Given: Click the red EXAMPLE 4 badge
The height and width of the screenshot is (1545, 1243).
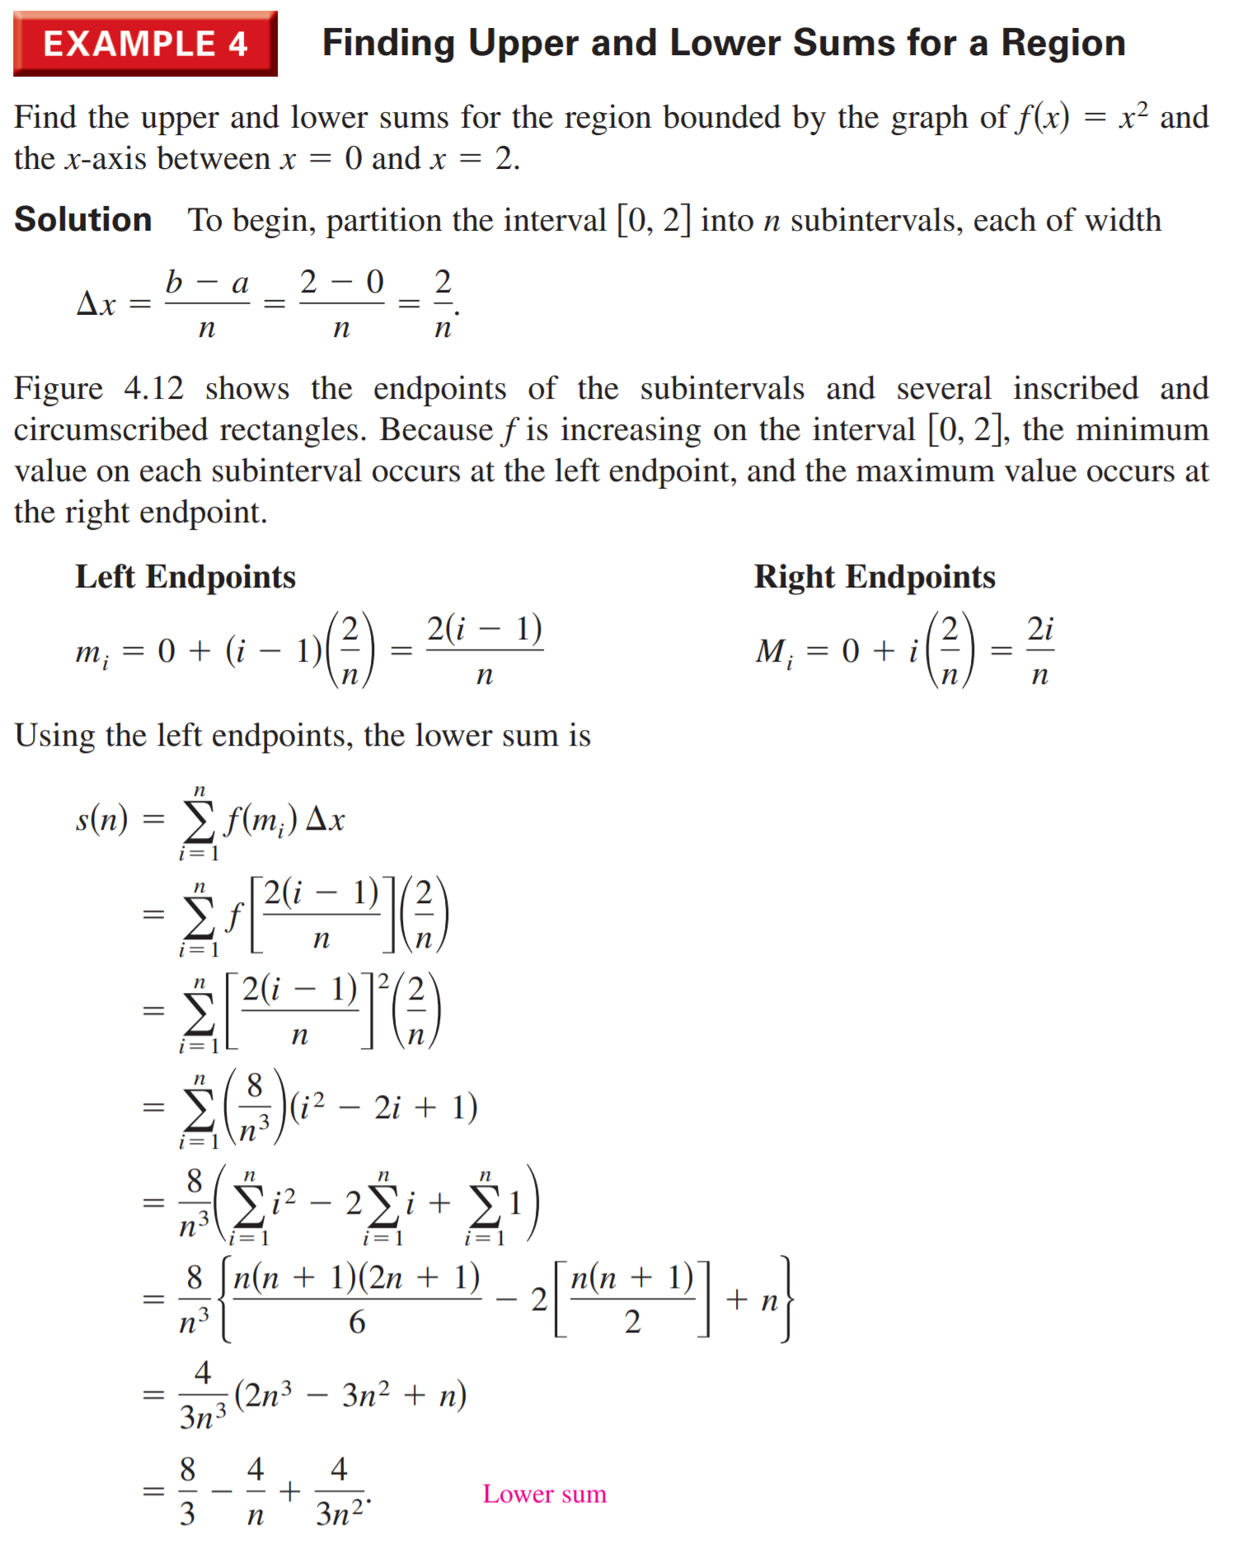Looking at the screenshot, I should coord(145,44).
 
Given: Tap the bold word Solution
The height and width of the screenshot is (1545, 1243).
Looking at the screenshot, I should coord(83,220).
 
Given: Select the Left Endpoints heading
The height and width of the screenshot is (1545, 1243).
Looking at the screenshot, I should coord(185,577).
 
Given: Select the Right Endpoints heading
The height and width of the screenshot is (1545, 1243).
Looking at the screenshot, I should coord(875,577).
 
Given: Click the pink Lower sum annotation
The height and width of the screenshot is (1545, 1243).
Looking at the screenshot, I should coord(544,1493).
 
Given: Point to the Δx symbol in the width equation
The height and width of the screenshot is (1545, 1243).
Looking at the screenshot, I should coord(96,304).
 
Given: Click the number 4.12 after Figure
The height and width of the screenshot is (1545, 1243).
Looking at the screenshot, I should coord(153,388).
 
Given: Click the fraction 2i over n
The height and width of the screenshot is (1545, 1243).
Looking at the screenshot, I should coord(1040,651).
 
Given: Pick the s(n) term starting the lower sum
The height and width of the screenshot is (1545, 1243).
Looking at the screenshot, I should coord(101,819).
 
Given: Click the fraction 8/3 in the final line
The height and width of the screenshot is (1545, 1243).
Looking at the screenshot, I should coord(188,1491).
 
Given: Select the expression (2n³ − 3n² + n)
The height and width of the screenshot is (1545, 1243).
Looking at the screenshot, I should coord(350,1395).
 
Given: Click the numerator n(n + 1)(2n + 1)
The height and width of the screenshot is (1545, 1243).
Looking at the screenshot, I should coord(357,1277).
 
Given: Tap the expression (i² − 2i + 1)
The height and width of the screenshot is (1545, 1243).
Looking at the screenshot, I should coord(383,1107).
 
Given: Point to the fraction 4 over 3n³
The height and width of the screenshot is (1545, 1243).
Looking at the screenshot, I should coord(203,1395).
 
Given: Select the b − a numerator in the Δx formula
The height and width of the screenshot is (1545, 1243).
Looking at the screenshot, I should coord(207,283).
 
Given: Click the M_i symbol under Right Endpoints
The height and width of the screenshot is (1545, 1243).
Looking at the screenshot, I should coord(775,653).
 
